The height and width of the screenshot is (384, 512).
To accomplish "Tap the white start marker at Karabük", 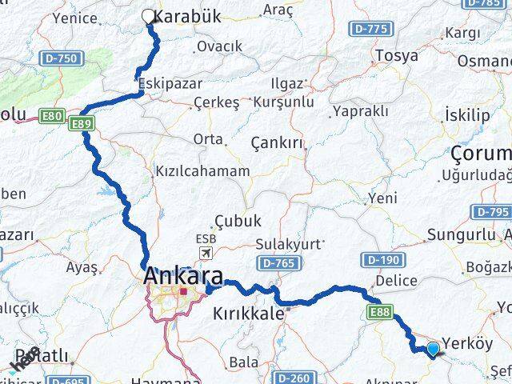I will click(x=148, y=15).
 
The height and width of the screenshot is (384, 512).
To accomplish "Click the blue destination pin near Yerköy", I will click(x=433, y=348).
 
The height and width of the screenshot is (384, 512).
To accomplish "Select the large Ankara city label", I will click(x=183, y=277).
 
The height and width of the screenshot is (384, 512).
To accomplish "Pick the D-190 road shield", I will click(x=380, y=259).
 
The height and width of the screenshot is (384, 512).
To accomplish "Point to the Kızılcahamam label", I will click(x=202, y=170).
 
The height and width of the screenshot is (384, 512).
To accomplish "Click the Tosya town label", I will click(x=397, y=55).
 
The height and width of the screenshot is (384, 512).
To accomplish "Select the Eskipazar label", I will click(x=166, y=83).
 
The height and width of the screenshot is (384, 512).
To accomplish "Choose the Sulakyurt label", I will click(x=289, y=243).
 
